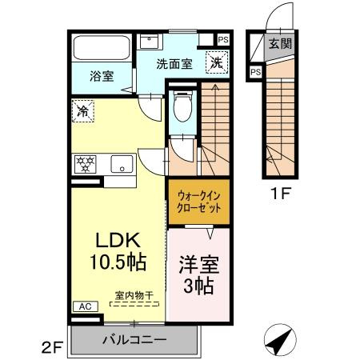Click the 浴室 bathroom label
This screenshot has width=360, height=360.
pyautogui.click(x=101, y=76)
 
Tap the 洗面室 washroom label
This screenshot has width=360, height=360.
pyautogui.click(x=173, y=64)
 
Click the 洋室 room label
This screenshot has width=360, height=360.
pyautogui.click(x=197, y=263)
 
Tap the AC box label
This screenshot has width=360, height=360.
pyautogui.click(x=82, y=306)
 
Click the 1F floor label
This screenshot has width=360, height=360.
pyautogui.click(x=280, y=193)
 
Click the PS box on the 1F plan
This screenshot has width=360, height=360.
pyautogui.click(x=255, y=71)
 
